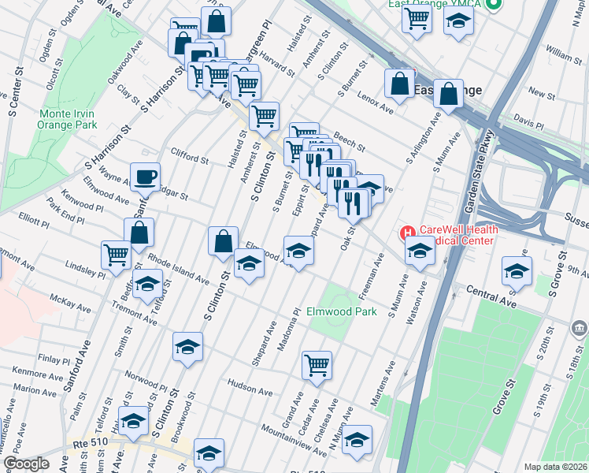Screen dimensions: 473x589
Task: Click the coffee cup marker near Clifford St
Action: [145, 178]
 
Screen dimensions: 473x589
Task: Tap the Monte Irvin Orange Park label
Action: [69, 118]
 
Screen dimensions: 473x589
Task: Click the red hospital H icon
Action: [408, 233]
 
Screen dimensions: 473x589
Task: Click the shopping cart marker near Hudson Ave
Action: [317, 365]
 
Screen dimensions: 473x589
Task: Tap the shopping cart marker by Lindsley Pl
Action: [116, 255]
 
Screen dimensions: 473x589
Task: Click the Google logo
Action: [26, 463]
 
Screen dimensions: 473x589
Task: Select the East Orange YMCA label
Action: [435, 4]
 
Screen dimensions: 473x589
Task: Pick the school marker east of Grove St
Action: [517, 271]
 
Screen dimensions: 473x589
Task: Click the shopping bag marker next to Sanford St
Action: [139, 233]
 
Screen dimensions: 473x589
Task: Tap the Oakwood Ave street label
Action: [126, 66]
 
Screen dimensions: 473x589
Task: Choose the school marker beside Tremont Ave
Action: [147, 285]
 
